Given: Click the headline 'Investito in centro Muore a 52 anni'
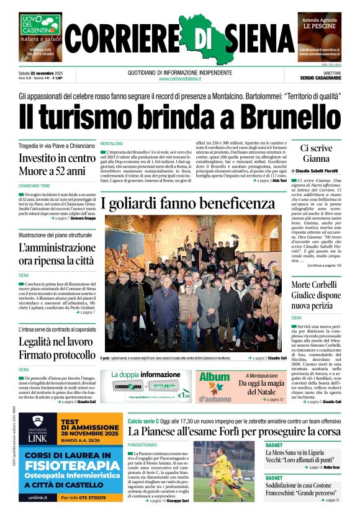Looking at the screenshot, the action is [x=56, y=164].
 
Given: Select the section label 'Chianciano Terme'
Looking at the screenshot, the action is [x=34, y=185].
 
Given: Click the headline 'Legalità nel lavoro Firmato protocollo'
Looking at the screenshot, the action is [x=56, y=349].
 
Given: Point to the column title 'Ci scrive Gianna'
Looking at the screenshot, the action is [x=316, y=153].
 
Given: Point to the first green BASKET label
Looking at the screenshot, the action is [x=274, y=445].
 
